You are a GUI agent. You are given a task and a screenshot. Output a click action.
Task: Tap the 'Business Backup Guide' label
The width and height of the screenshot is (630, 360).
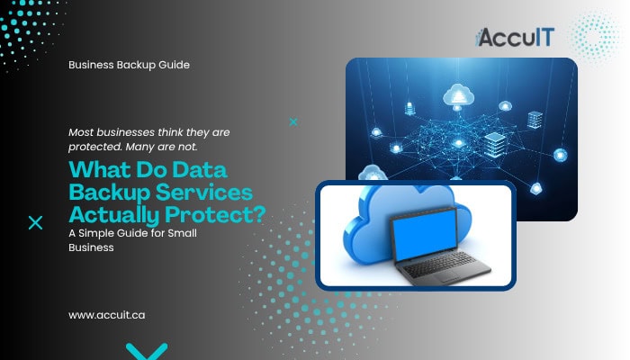[x=129, y=66]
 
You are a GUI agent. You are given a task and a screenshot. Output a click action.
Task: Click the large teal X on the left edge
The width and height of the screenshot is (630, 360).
[x=35, y=223]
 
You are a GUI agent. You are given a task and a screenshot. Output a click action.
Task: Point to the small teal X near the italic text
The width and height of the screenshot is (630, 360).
[x=292, y=121]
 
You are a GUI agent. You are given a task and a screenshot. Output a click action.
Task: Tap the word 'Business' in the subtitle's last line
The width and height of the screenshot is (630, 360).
[x=92, y=247]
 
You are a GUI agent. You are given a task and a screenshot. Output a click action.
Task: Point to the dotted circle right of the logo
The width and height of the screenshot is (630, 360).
[x=595, y=35]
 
